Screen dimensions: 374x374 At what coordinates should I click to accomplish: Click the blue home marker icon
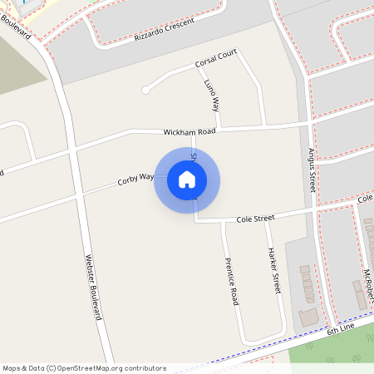coord(187,180)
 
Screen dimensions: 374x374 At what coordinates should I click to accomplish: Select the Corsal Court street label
coord(216,60)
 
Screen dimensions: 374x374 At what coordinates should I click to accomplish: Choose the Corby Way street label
coord(135,178)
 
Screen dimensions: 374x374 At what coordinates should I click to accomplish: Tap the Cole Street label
coord(255,219)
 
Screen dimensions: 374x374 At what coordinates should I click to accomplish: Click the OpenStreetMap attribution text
coord(84,367)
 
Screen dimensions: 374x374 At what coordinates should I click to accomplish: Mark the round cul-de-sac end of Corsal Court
coord(146,90)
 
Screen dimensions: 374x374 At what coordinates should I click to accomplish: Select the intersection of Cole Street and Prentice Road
coord(223,222)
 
